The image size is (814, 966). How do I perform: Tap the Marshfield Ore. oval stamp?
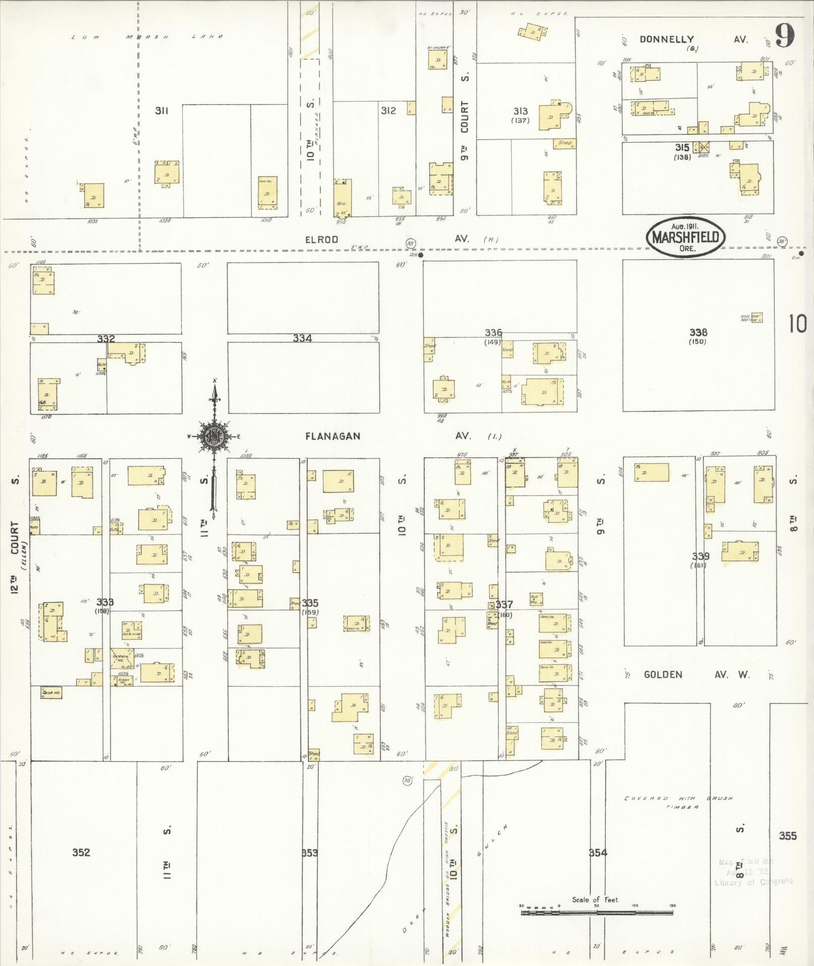click(685, 238)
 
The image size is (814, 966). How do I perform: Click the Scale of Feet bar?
click(596, 912)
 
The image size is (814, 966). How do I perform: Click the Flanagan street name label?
click(333, 436)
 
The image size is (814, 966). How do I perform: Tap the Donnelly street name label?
click(666, 39)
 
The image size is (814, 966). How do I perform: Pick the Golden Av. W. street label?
click(696, 675)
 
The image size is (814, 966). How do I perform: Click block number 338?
click(698, 332)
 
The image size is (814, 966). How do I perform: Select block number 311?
click(161, 111)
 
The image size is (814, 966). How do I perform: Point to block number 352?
click(81, 852)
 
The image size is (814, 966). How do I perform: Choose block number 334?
click(302, 338)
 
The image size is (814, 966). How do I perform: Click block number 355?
click(787, 836)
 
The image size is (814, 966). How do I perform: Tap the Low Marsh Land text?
click(146, 37)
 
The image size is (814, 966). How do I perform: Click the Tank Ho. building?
click(51, 693)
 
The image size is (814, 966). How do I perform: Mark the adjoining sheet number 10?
click(798, 324)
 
